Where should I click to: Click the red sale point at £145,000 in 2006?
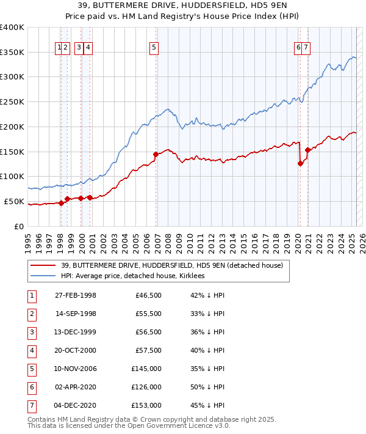(x=156, y=154)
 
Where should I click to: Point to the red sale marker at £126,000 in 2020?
(x=300, y=163)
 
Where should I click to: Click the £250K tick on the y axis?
(x=12, y=101)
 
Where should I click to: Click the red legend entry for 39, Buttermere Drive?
(x=172, y=266)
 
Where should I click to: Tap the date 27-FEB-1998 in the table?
(x=76, y=296)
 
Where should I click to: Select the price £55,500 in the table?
(x=146, y=314)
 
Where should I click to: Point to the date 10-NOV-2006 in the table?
(x=76, y=369)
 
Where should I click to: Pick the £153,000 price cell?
(x=146, y=406)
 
